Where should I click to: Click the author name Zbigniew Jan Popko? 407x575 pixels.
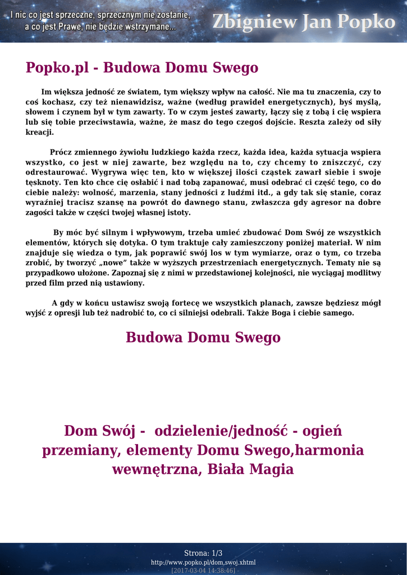303,22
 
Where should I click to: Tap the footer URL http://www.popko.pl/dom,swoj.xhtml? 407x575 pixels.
203,562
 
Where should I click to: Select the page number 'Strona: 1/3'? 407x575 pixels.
203,553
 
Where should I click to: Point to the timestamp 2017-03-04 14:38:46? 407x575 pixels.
203,570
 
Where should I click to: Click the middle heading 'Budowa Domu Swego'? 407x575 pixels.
203,337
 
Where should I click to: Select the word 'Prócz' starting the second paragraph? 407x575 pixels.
61,152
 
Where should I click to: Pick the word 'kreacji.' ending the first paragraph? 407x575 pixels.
40,132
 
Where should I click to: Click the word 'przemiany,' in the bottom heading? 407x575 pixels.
81,450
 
